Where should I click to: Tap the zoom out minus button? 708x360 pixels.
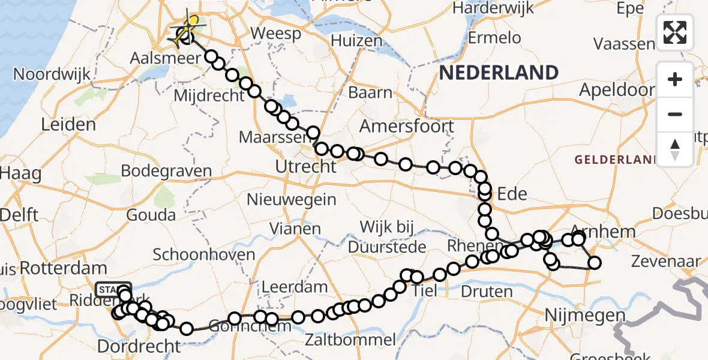(675, 114)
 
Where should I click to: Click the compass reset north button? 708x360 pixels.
(675, 148)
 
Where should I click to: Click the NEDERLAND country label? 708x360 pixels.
(499, 73)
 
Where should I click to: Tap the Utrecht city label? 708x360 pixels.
(305, 166)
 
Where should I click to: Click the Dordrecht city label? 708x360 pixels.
(139, 346)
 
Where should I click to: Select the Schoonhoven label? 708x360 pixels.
(204, 254)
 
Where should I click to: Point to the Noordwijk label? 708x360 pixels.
(52, 75)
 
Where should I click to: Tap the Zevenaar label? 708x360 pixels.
(666, 261)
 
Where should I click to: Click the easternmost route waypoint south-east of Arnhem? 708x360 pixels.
(595, 263)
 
